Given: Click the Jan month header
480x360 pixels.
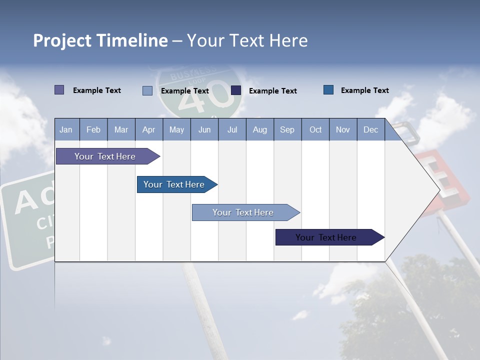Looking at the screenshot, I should [x=66, y=129].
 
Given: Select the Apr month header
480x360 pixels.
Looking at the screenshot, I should [x=148, y=129].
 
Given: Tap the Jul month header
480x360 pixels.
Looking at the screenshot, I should [x=232, y=129].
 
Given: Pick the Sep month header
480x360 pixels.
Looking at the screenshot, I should [x=287, y=129].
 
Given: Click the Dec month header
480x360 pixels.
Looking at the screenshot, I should [x=370, y=129].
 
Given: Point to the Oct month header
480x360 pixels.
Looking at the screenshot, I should [x=315, y=129].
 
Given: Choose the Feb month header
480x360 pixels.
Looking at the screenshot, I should [x=93, y=129].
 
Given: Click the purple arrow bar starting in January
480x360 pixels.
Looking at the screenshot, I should [x=105, y=156].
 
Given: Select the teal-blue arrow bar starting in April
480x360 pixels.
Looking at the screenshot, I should [x=174, y=184].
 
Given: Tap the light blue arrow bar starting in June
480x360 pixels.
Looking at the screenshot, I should [x=243, y=212].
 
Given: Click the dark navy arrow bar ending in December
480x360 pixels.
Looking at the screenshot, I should [x=326, y=237].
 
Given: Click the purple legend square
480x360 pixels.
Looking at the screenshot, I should [x=59, y=90].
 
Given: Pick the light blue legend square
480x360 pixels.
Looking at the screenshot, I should [x=147, y=90].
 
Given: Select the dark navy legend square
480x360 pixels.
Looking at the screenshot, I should [x=236, y=90].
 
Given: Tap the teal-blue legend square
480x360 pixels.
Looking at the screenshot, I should [x=328, y=89].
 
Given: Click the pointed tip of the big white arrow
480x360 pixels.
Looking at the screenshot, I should [x=439, y=190].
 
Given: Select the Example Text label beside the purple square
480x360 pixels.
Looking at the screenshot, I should [x=96, y=90].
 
